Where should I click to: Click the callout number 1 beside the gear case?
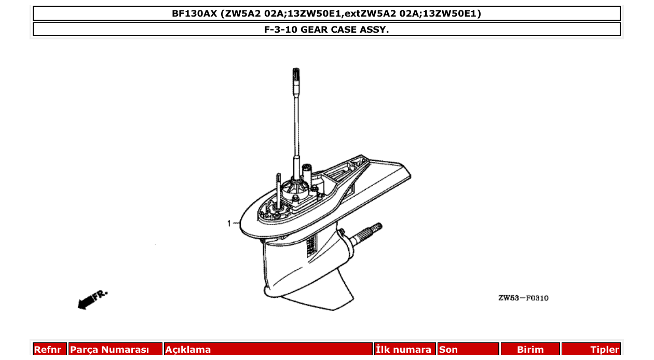228,224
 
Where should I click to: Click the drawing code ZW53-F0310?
523,298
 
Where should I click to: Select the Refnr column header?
48,350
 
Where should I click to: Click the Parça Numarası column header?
110,350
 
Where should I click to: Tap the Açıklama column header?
188,350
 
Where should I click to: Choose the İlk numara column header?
404,350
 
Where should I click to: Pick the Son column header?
448,350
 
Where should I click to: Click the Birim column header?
530,350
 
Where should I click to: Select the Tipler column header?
605,350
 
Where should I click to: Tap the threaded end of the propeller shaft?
374,228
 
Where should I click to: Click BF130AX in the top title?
195,13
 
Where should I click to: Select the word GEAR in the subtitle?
315,30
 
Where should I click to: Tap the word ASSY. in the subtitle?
374,30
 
